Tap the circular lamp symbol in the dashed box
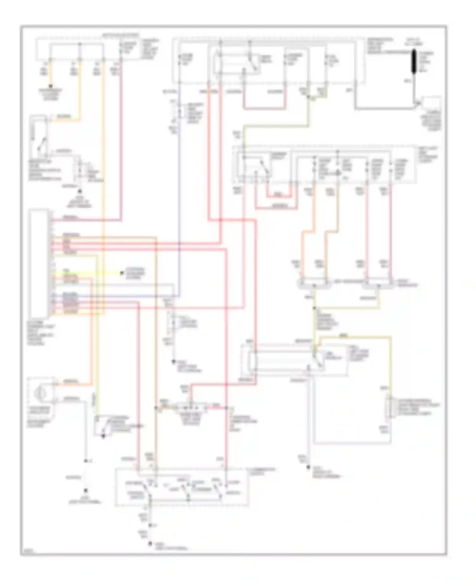pos(40,393)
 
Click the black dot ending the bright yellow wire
pos(122,273)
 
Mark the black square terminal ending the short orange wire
pos(50,86)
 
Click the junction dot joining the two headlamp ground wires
pos(314,308)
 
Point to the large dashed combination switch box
pos(182,487)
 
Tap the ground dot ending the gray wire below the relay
pos(308,467)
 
